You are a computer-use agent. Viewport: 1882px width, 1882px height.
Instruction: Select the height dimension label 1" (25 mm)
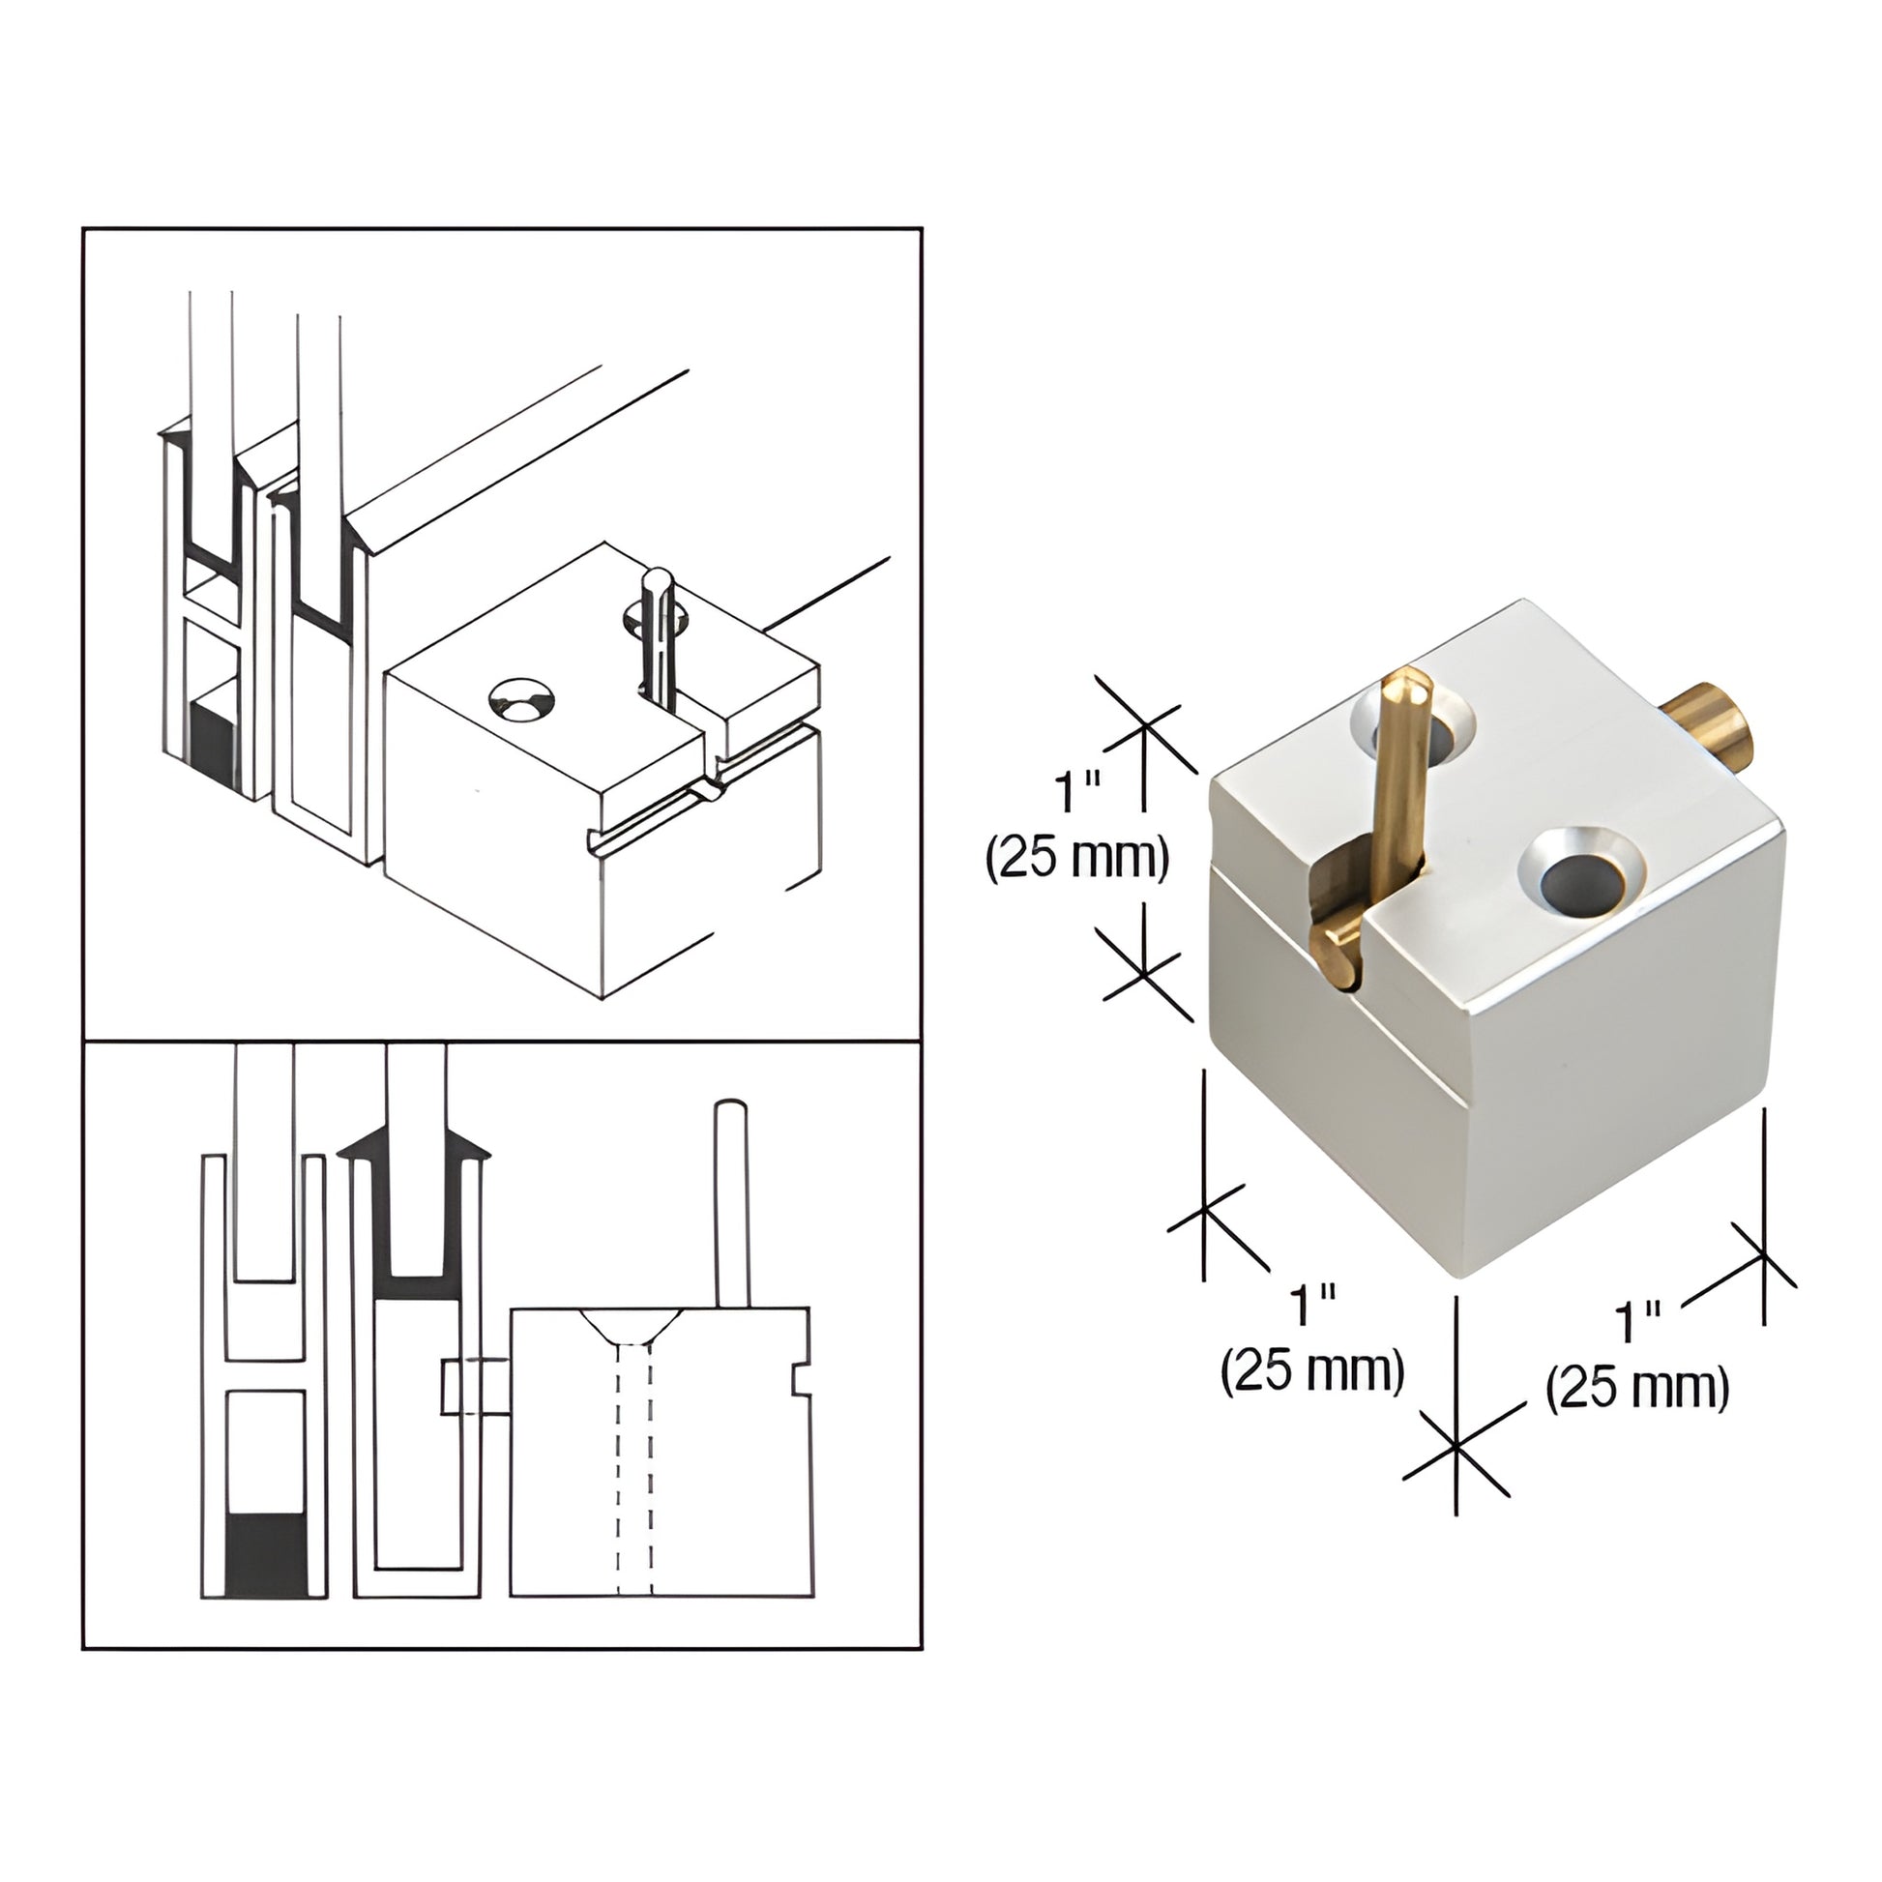tap(1076, 828)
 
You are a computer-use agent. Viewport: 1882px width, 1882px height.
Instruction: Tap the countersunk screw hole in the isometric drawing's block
tap(521, 703)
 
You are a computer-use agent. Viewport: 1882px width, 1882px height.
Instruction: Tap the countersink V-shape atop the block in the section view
tap(632, 1326)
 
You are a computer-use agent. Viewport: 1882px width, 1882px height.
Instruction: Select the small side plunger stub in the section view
tap(476, 1386)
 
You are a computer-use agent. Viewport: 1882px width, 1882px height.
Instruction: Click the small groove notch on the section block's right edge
tap(801, 1380)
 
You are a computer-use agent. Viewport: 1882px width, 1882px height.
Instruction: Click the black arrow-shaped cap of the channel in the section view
tap(414, 1149)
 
